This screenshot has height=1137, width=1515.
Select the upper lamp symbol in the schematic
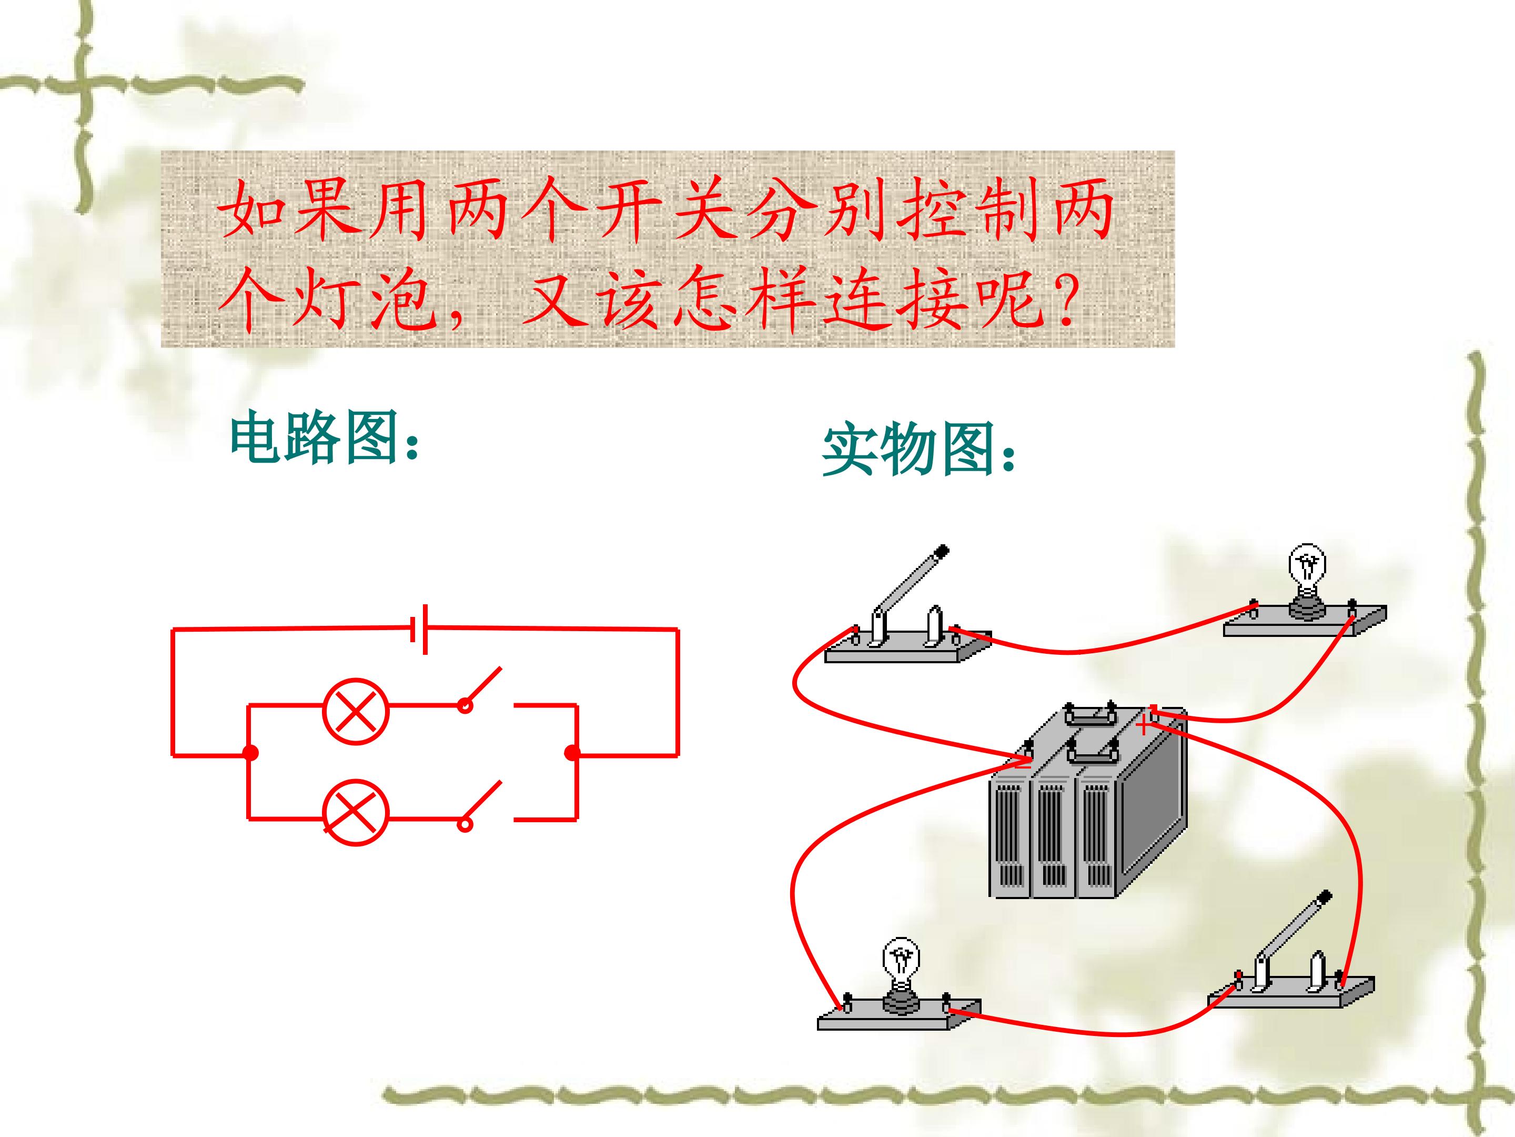tap(356, 711)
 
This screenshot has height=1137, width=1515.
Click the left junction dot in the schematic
tap(251, 753)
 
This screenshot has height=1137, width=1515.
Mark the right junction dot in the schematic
tap(571, 753)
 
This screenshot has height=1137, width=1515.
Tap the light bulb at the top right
tap(1307, 583)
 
